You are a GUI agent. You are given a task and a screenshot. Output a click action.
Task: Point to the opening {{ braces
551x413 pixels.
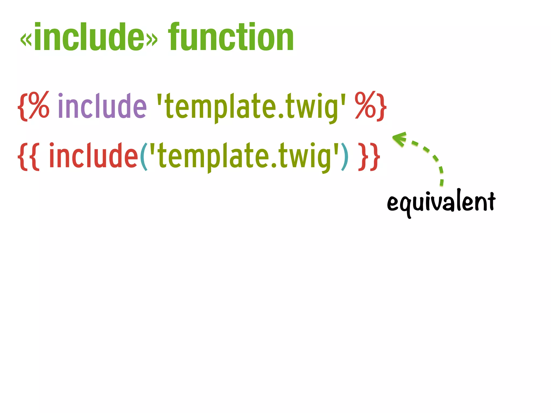(x=29, y=156)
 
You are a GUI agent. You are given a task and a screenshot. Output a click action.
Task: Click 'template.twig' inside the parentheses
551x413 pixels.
(x=244, y=156)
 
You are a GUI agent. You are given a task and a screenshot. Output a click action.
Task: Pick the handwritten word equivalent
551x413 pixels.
(x=441, y=202)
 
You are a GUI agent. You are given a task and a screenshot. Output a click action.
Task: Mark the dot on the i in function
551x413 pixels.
(x=255, y=25)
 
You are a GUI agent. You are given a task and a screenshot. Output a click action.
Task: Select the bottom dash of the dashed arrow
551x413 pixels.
(x=441, y=182)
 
